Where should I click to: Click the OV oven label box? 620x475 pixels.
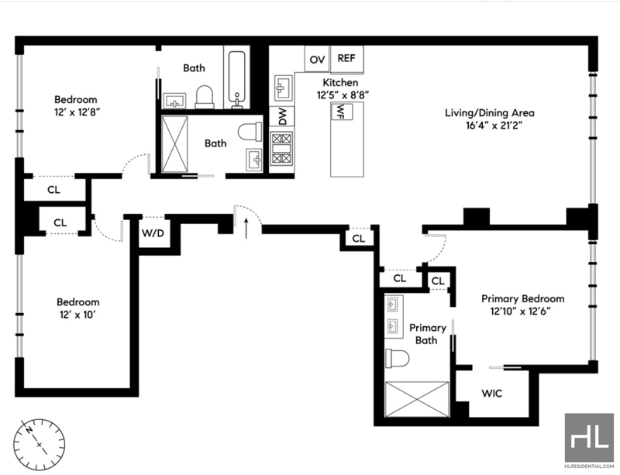point(317,59)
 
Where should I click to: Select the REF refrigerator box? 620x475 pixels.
point(346,60)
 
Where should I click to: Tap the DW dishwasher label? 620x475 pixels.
point(282,116)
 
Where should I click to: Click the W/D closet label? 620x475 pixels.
point(153,233)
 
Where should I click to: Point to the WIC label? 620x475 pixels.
point(492,393)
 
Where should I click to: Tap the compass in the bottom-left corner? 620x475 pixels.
point(40,444)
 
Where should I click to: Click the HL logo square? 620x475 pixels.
point(589,438)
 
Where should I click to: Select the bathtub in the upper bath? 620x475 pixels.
point(236,79)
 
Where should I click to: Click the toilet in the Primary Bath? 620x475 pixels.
point(397,358)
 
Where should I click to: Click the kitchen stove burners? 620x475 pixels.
point(282,148)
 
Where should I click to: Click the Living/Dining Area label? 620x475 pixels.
point(490,112)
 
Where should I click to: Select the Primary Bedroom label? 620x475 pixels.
point(522,298)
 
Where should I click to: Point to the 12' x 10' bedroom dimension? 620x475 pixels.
point(77,315)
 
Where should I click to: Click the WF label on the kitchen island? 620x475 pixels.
point(341,111)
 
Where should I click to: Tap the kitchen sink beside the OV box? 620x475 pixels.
point(283,88)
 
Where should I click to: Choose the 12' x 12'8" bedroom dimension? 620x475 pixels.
point(75,112)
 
